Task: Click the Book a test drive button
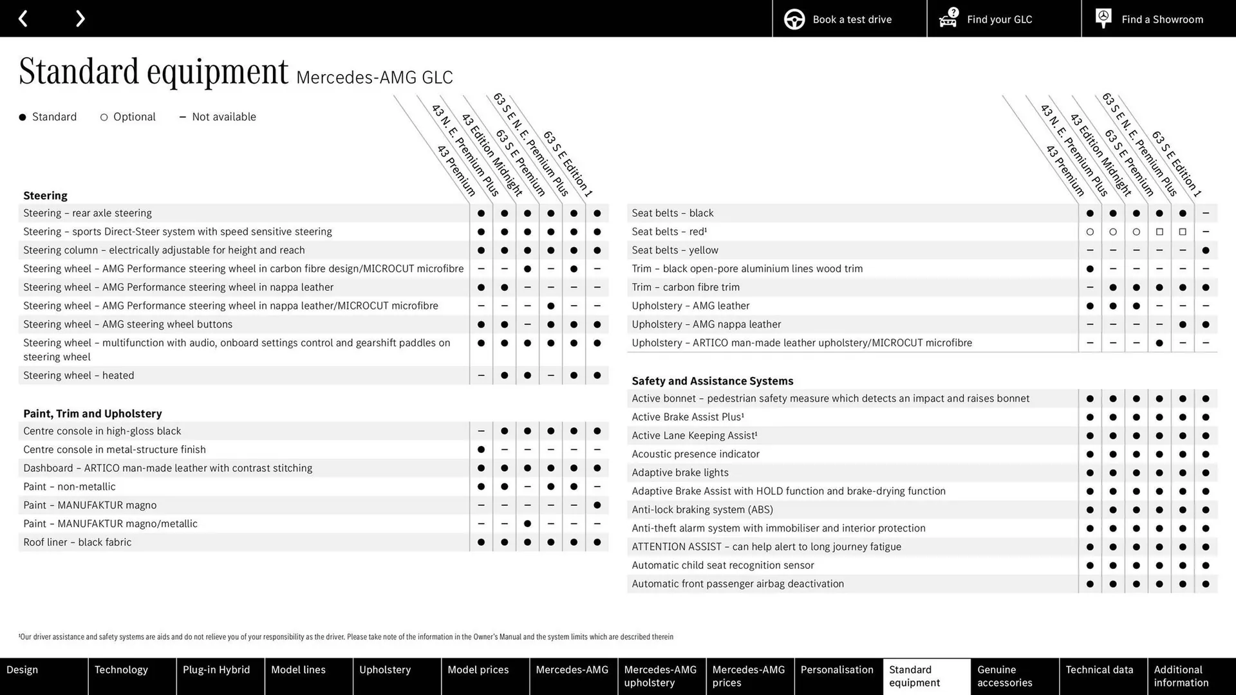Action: point(849,19)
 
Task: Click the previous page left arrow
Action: point(23,19)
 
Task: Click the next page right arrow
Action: point(80,19)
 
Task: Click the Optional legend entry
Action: point(128,117)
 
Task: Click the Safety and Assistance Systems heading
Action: point(712,381)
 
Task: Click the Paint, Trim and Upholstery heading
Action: point(92,414)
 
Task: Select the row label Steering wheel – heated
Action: point(79,375)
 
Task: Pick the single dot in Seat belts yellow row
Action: point(1205,250)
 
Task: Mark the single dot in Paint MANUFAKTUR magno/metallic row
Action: point(527,524)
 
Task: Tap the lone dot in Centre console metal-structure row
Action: point(481,450)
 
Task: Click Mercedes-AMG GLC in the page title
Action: point(375,78)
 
